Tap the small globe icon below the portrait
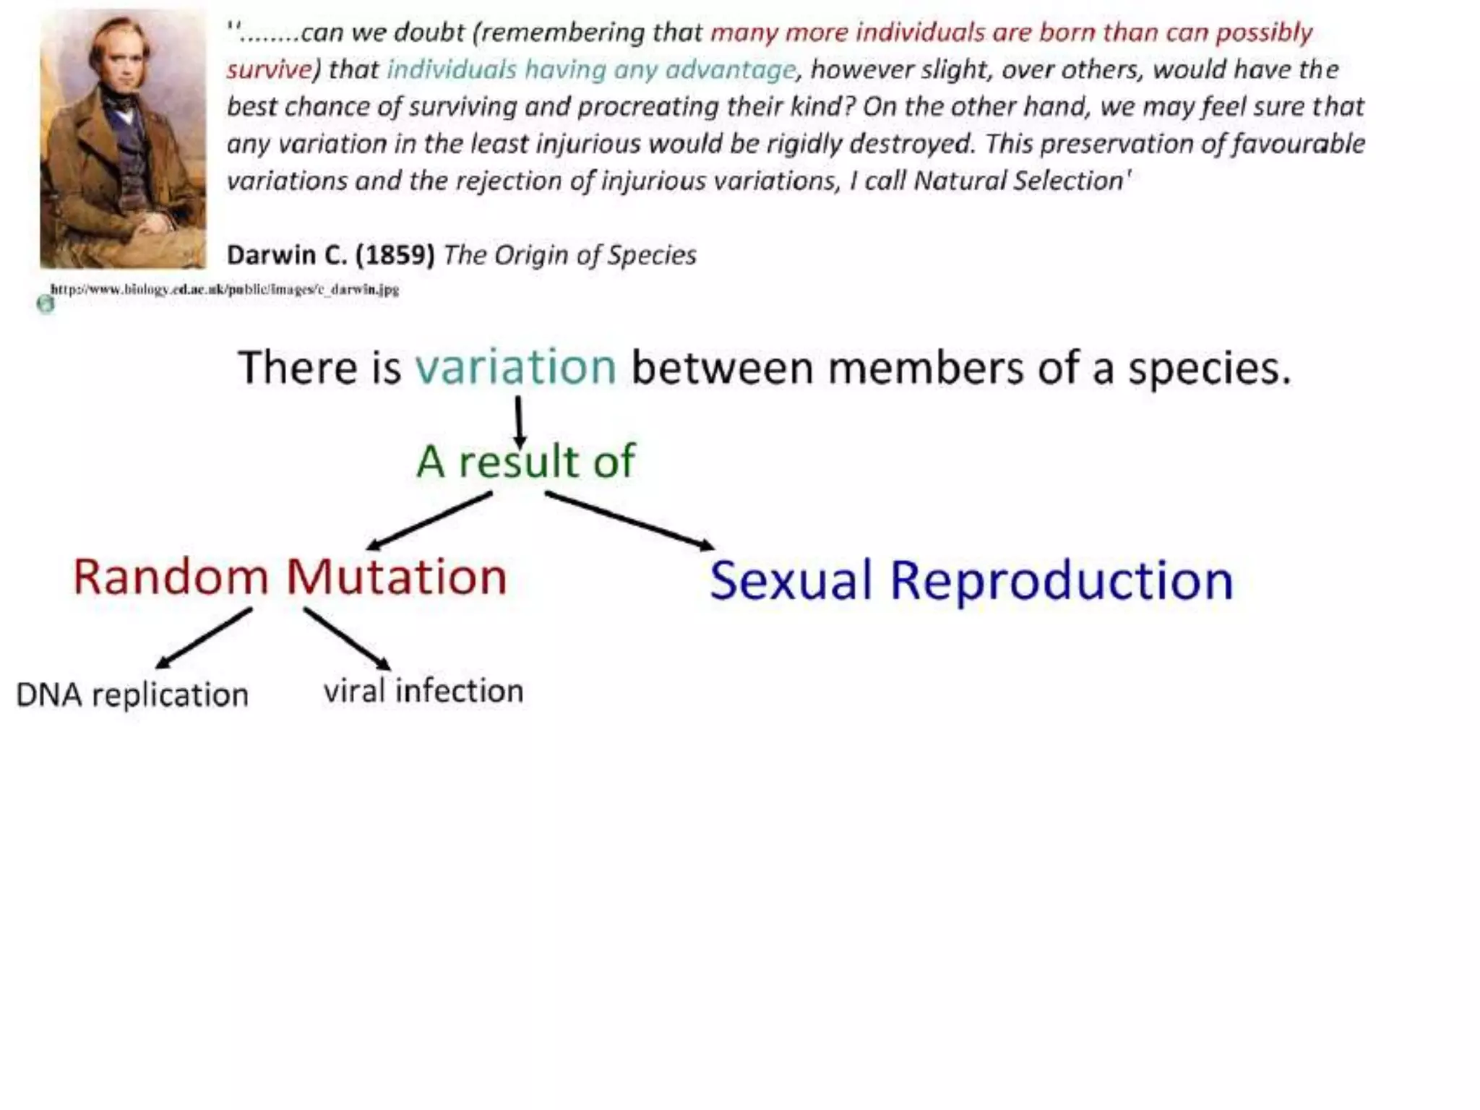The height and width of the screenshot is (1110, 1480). (46, 304)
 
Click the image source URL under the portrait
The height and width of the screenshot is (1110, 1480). (225, 290)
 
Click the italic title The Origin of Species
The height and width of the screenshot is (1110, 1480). (569, 255)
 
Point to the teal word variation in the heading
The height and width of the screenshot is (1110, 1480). (515, 367)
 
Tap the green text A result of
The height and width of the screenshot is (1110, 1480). (525, 461)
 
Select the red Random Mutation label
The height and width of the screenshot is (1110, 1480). (290, 577)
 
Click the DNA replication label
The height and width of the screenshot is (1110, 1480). (132, 695)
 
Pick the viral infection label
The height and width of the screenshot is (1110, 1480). (423, 691)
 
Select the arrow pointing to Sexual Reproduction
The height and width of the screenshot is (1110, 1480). (629, 520)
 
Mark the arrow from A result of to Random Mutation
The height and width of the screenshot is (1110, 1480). (431, 520)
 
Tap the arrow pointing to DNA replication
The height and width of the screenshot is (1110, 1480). (204, 638)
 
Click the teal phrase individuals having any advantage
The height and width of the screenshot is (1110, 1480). (591, 70)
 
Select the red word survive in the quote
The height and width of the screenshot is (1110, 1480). (269, 70)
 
